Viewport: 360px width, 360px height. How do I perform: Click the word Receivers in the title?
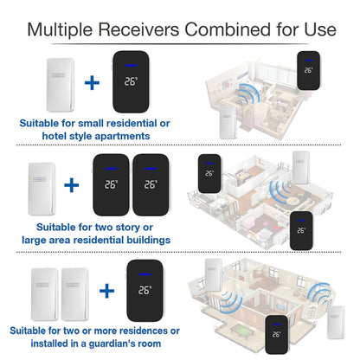pos(139,29)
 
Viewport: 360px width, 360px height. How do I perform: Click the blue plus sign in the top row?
pos(92,83)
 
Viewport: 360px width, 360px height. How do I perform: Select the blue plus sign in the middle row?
pos(72,185)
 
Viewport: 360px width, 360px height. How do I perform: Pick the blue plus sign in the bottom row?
pos(106,291)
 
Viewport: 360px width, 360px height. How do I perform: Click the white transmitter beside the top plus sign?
pos(61,85)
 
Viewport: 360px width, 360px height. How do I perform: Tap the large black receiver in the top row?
pos(132,82)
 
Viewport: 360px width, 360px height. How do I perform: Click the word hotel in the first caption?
pos(55,136)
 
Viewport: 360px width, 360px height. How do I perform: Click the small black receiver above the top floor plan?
pos(309,71)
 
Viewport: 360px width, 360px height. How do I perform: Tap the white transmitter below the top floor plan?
pos(228,122)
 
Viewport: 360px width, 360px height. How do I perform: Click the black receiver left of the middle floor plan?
pos(209,174)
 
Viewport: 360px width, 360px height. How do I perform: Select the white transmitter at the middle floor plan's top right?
pos(301,167)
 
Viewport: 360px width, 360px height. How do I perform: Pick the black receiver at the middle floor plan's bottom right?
pos(301,231)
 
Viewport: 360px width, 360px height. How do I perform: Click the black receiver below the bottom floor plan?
pos(276,335)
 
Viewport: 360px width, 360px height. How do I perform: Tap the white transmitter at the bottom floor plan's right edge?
pos(336,323)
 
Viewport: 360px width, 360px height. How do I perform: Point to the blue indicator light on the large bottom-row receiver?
pos(145,274)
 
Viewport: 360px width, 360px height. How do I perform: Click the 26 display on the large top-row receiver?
pos(131,81)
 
